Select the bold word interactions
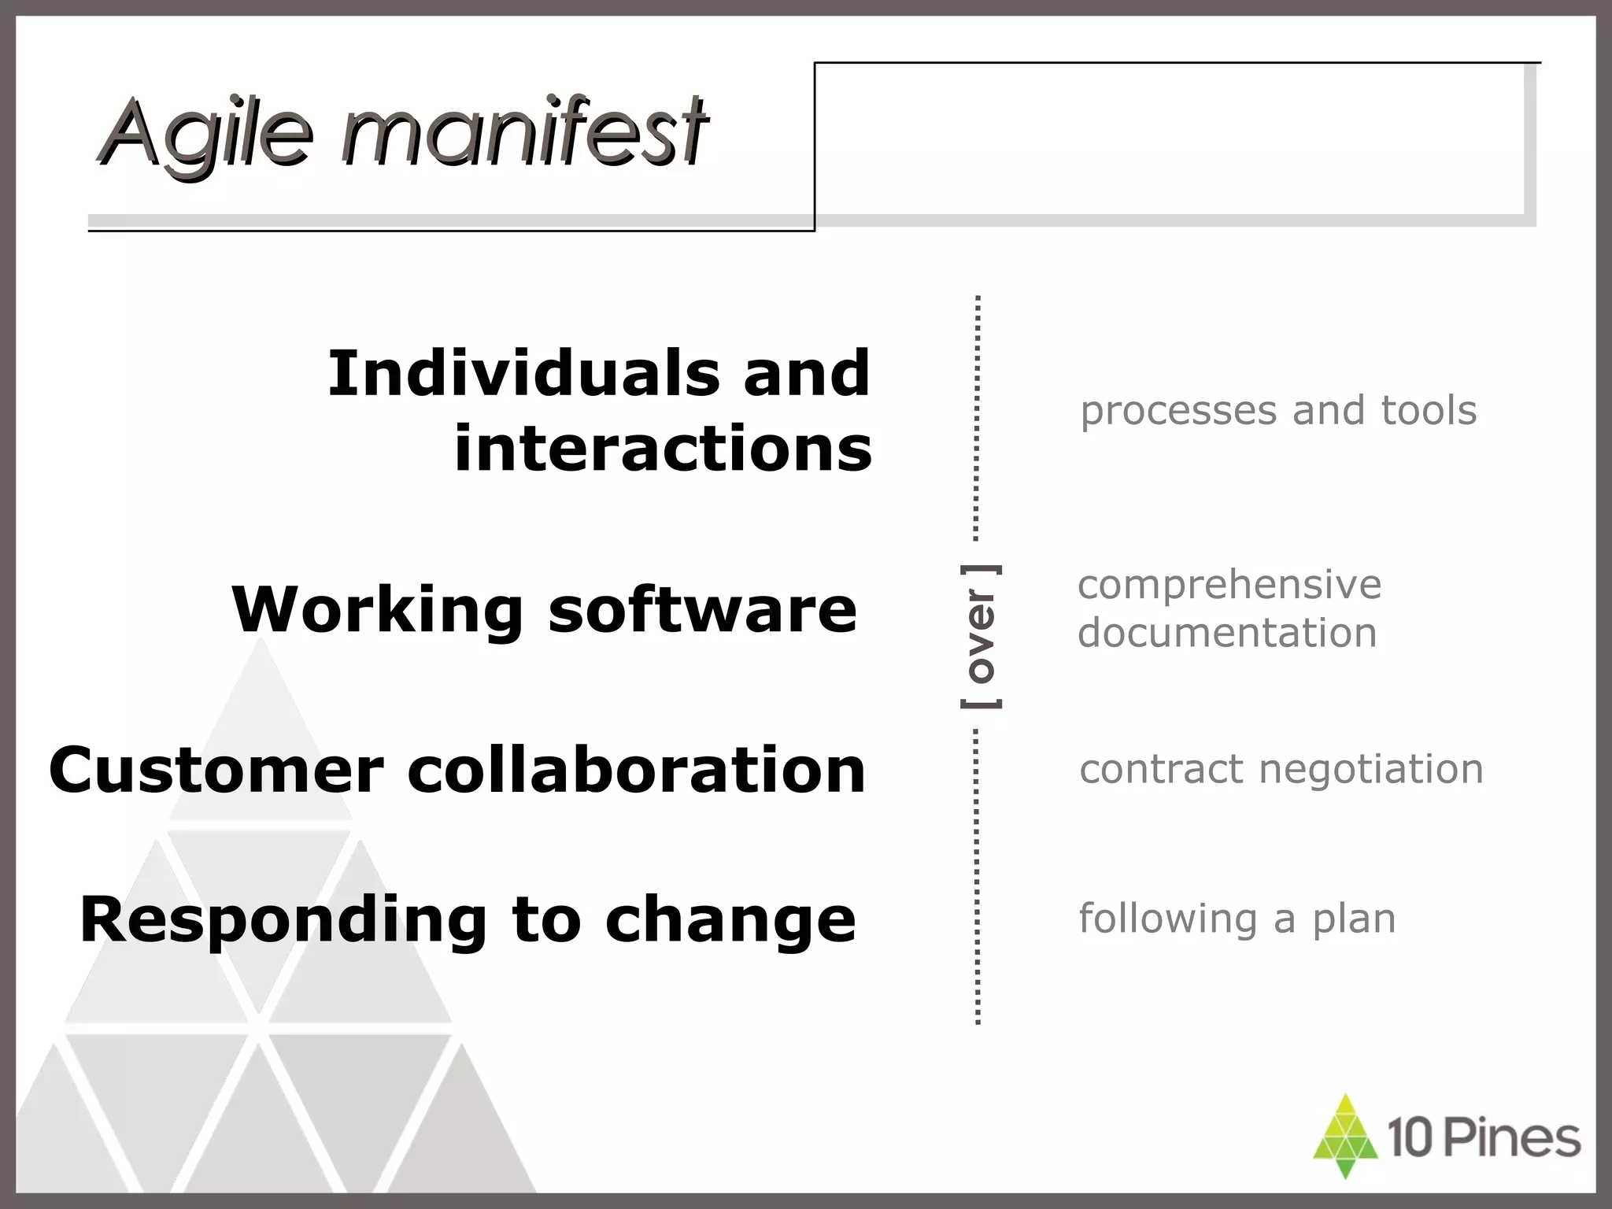[663, 449]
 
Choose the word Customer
[216, 770]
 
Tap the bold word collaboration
[637, 770]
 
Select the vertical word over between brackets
[981, 636]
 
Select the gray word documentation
[1227, 633]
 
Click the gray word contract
[1163, 770]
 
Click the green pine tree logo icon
[1345, 1137]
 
